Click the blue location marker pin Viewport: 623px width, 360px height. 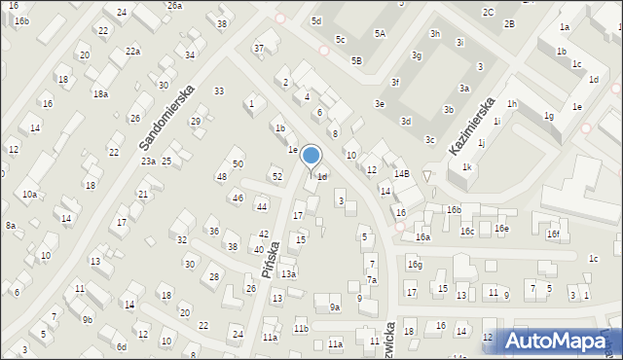click(x=311, y=157)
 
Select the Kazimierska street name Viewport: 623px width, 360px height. click(x=473, y=126)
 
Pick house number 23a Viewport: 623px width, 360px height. click(x=148, y=162)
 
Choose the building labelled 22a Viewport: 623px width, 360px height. click(x=132, y=51)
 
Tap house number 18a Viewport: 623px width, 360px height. click(x=100, y=93)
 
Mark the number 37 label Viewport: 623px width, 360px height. click(x=259, y=48)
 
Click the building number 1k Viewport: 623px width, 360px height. click(x=467, y=167)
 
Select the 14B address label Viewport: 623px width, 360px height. click(x=401, y=174)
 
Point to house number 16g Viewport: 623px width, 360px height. click(x=415, y=265)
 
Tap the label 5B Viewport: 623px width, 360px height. click(x=356, y=60)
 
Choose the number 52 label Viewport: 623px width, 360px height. click(x=277, y=176)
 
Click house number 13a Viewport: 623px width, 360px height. click(x=288, y=274)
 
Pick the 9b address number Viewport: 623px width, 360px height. click(x=88, y=319)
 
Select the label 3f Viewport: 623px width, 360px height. click(x=394, y=82)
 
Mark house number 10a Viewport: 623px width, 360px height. click(x=30, y=195)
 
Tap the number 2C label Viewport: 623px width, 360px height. click(x=488, y=12)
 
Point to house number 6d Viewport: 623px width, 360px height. click(x=122, y=347)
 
